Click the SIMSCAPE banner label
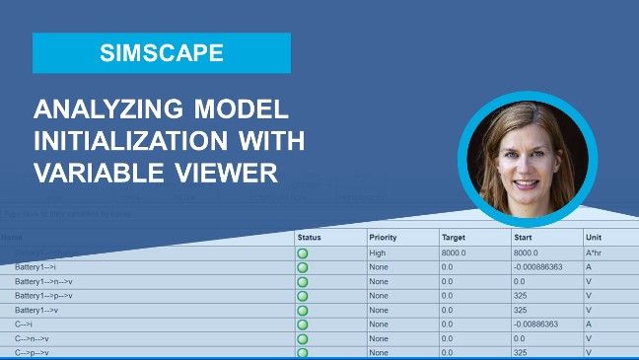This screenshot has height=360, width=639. [x=162, y=53]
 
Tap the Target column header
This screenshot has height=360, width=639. [x=455, y=238]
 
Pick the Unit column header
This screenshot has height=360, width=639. [x=594, y=238]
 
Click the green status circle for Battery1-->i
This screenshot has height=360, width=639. [x=303, y=267]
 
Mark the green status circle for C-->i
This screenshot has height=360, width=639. [x=303, y=324]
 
